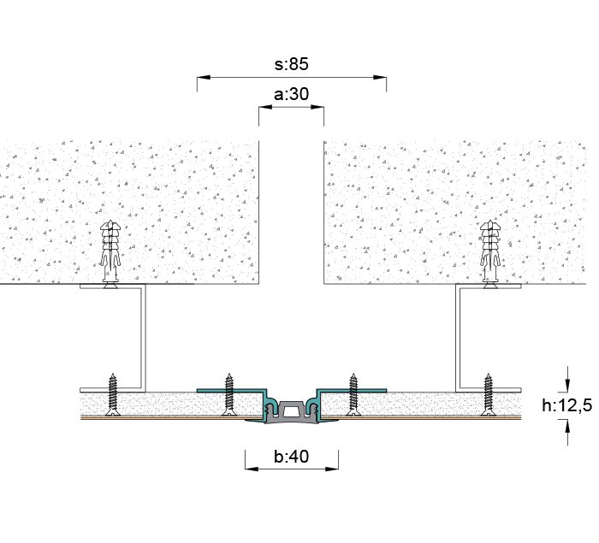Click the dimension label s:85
coord(292,64)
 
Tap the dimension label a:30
coord(292,94)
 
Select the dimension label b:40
coord(292,456)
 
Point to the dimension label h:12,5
coord(566,405)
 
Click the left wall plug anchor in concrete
coord(110,254)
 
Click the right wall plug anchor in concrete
coord(490,254)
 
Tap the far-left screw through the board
coord(112,394)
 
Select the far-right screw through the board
coord(488,394)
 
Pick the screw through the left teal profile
coord(228,394)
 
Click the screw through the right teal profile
coord(353,394)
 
